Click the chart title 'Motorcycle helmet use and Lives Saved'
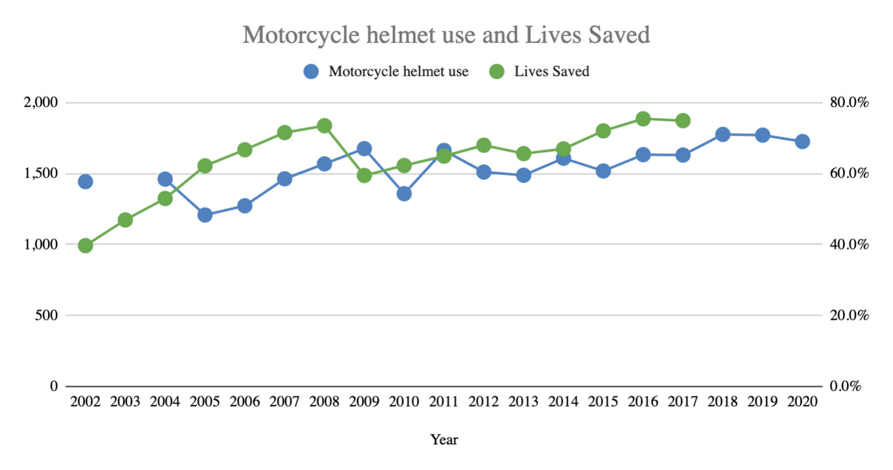[446, 35]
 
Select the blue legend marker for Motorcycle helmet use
[311, 71]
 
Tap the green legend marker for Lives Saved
[496, 71]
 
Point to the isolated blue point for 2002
[85, 181]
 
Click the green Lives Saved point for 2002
[85, 246]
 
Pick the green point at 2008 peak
[324, 125]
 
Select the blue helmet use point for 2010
[404, 193]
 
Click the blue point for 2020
[802, 141]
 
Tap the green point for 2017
[683, 121]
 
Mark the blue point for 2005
[205, 215]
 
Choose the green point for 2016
[643, 119]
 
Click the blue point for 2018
[723, 134]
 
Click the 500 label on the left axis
[47, 315]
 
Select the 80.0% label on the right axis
[849, 103]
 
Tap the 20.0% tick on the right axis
[849, 315]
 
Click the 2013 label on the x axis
[523, 401]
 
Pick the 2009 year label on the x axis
[364, 401]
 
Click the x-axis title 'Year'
[444, 440]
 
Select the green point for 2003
[125, 220]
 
